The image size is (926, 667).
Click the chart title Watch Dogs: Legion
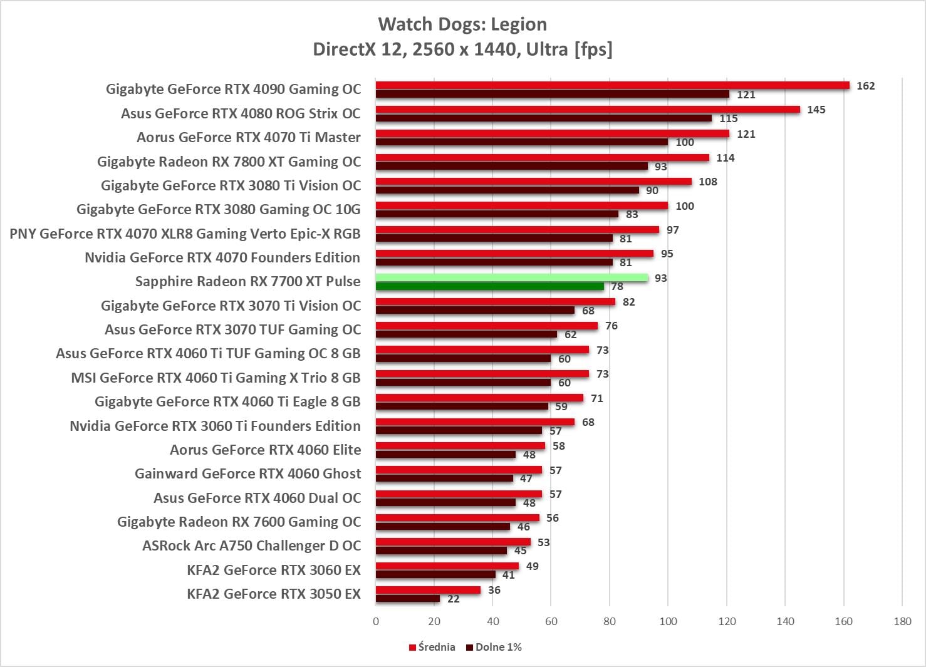(462, 24)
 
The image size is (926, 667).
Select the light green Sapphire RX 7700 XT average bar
(511, 277)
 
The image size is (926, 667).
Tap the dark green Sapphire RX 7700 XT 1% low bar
(489, 287)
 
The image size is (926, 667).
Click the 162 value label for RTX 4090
(865, 86)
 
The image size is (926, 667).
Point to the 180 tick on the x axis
(902, 621)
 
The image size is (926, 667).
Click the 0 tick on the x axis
(376, 621)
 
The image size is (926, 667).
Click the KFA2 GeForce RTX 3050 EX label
(274, 594)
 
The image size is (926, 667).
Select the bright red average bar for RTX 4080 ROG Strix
(588, 110)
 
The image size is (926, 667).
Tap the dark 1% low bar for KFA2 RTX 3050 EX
(407, 599)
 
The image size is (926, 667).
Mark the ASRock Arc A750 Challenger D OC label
(251, 545)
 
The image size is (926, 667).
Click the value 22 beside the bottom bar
(454, 599)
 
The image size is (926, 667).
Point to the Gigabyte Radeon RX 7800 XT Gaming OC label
(229, 162)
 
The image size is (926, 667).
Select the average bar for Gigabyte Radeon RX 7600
(457, 517)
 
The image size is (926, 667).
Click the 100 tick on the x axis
(668, 621)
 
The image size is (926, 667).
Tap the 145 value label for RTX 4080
(816, 110)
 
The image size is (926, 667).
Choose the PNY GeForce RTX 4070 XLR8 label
(185, 234)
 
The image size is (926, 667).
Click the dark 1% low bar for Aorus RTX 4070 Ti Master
(521, 142)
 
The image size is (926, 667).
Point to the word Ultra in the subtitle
(547, 49)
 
